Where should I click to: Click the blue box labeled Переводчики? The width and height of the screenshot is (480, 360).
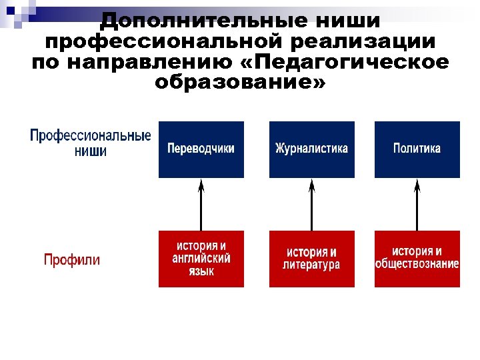201,149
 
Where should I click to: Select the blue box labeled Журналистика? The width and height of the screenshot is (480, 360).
311,149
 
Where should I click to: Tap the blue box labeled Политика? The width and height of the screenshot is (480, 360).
417,149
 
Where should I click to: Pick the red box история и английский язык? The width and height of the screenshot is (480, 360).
201,259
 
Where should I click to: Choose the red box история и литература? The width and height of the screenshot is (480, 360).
311,259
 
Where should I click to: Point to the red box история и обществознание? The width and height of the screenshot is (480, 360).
417,259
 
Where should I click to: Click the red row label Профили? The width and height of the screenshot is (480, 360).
72,259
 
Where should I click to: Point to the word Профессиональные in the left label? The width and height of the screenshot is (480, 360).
91,135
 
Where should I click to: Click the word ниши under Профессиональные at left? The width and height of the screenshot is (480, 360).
91,151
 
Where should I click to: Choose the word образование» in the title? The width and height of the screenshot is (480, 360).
241,84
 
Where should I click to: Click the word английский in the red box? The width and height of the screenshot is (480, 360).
201,259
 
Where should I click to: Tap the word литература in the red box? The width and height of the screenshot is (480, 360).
311,265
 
